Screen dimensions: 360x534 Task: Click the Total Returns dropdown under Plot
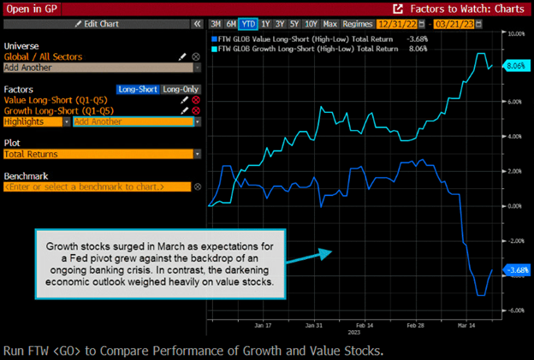pos(102,154)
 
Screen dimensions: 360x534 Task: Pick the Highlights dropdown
pos(37,121)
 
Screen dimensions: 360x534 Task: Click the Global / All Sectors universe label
pos(44,56)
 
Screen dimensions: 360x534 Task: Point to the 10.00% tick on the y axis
pos(515,34)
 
